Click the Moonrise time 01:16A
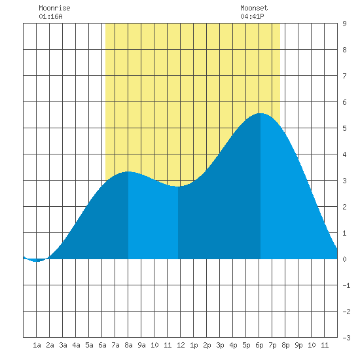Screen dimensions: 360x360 pyautogui.click(x=50, y=16)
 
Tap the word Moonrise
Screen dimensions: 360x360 pyautogui.click(x=54, y=8)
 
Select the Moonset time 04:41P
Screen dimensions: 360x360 pyautogui.click(x=252, y=16)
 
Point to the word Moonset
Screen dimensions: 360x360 pyautogui.click(x=254, y=8)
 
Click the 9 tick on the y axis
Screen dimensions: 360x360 pyautogui.click(x=344, y=24)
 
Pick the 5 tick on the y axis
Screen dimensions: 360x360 pyautogui.click(x=344, y=128)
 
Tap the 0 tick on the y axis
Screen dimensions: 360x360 pyautogui.click(x=344, y=259)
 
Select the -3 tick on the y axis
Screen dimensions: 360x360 pyautogui.click(x=346, y=338)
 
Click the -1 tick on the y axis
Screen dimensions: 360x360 pyautogui.click(x=346, y=285)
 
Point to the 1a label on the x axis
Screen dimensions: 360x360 pyautogui.click(x=37, y=345)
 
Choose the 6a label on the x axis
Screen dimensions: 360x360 pyautogui.click(x=102, y=345)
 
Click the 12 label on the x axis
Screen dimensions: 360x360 pyautogui.click(x=181, y=345)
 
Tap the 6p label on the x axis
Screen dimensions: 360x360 pyautogui.click(x=259, y=345)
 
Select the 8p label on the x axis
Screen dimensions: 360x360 pyautogui.click(x=285, y=345)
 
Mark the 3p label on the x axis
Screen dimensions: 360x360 pyautogui.click(x=220, y=345)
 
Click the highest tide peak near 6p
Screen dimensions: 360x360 pyautogui.click(x=261, y=113)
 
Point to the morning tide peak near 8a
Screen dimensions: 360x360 pyautogui.click(x=128, y=171)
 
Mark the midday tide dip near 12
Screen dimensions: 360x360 pyautogui.click(x=178, y=187)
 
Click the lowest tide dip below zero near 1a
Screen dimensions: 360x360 pyautogui.click(x=36, y=261)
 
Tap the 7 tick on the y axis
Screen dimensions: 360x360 pyautogui.click(x=344, y=76)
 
